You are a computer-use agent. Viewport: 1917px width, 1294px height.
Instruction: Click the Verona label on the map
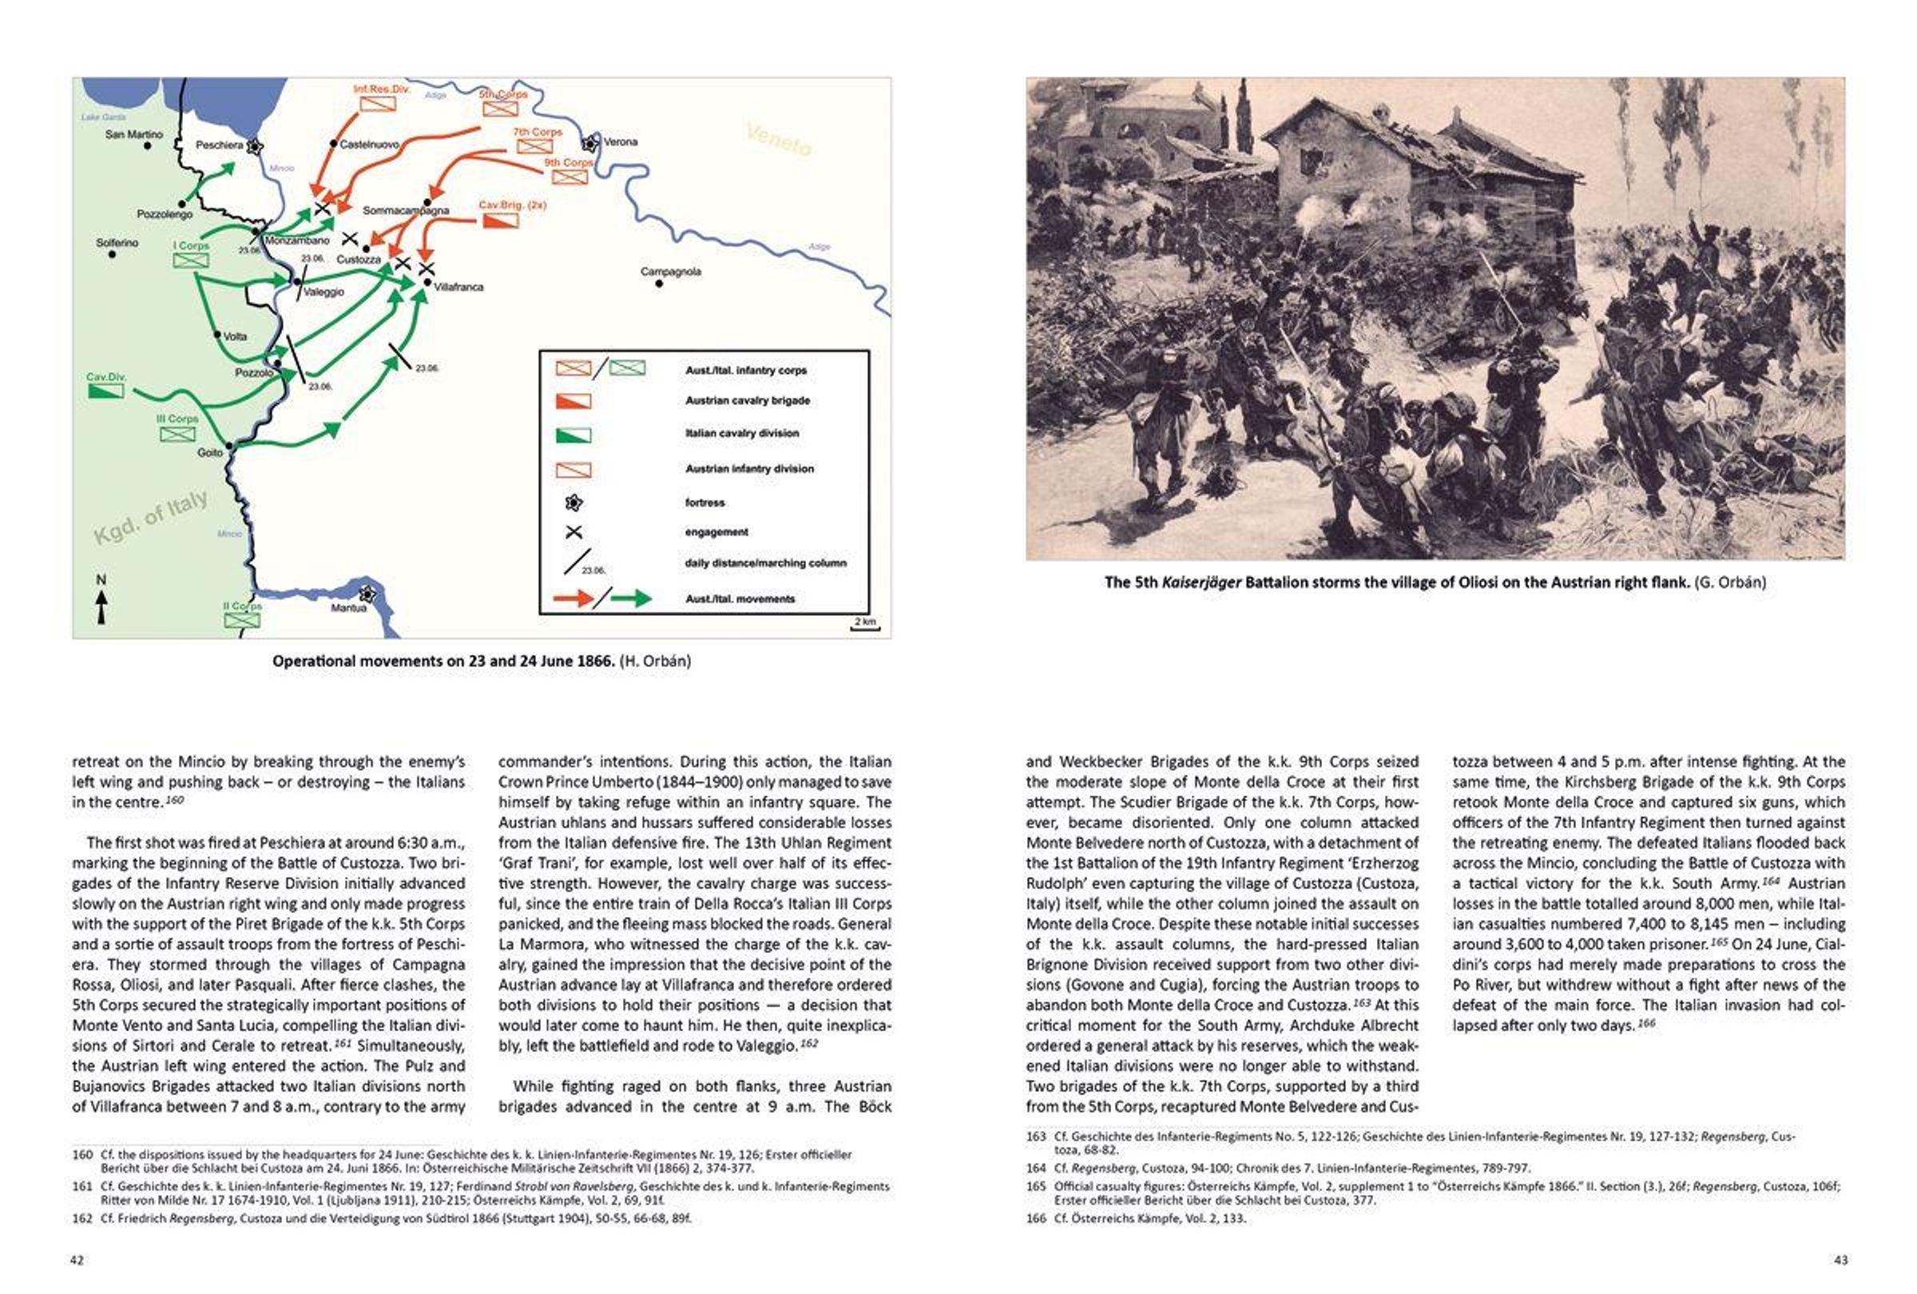pyautogui.click(x=621, y=142)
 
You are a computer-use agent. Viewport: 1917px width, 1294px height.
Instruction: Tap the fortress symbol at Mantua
pyautogui.click(x=367, y=593)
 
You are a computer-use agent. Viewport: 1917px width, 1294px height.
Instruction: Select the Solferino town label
pyautogui.click(x=117, y=244)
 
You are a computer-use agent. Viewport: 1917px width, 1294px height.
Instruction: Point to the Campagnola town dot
pyautogui.click(x=659, y=284)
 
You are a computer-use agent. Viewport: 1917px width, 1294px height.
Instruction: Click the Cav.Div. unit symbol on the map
pyautogui.click(x=105, y=390)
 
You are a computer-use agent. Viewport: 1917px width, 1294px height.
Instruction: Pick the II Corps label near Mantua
pyautogui.click(x=242, y=606)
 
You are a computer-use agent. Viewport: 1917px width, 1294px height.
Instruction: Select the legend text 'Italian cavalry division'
pyautogui.click(x=741, y=433)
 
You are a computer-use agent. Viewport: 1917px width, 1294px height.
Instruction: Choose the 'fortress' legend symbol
pyautogui.click(x=574, y=502)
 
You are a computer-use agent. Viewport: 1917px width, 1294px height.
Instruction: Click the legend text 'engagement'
pyautogui.click(x=716, y=532)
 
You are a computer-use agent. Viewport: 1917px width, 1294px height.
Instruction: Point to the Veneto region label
pyautogui.click(x=779, y=139)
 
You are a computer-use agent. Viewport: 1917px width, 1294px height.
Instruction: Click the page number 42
pyautogui.click(x=77, y=1260)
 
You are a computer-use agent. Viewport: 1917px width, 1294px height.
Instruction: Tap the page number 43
pyautogui.click(x=1840, y=1260)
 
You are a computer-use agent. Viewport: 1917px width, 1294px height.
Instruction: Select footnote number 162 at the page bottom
pyautogui.click(x=82, y=1218)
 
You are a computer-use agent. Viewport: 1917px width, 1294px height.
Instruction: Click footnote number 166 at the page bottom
pyautogui.click(x=1036, y=1218)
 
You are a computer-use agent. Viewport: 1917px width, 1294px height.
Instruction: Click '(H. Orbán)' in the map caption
pyautogui.click(x=655, y=661)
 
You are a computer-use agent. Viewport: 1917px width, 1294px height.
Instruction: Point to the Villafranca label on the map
pyautogui.click(x=458, y=287)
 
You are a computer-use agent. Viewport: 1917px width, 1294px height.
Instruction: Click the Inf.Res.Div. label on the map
pyautogui.click(x=381, y=88)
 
